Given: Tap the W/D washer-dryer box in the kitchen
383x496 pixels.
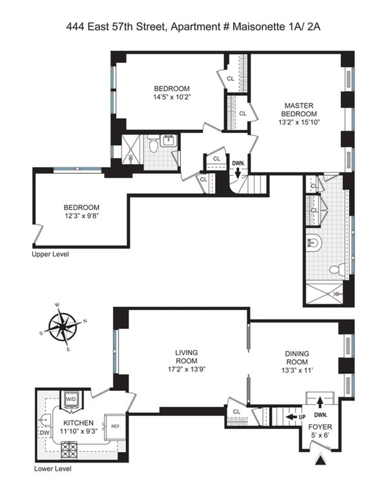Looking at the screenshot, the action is click(71, 399).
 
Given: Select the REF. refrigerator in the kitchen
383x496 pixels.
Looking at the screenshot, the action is click(116, 427).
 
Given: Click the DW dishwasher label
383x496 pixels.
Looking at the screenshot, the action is click(43, 432).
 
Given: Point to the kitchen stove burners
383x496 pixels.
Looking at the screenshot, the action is click(69, 450).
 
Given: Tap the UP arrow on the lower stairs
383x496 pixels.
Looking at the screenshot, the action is click(291, 417).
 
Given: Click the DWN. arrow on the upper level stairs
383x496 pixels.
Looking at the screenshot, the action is click(238, 173).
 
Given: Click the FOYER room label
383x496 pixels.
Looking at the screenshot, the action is click(320, 427).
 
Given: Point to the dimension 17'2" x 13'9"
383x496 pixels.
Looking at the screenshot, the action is click(187, 369).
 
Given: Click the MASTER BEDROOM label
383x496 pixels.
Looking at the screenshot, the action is click(299, 110).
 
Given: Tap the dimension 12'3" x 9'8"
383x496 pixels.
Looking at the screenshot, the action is click(81, 216).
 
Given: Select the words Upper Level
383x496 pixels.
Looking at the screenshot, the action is click(50, 254).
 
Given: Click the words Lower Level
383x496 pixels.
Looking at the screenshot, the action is click(53, 469).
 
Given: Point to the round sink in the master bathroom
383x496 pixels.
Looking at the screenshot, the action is click(314, 243).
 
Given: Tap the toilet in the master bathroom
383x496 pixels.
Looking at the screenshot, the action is click(337, 269).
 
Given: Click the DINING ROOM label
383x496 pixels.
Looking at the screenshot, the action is click(297, 358).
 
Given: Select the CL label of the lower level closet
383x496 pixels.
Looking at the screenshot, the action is click(237, 412).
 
